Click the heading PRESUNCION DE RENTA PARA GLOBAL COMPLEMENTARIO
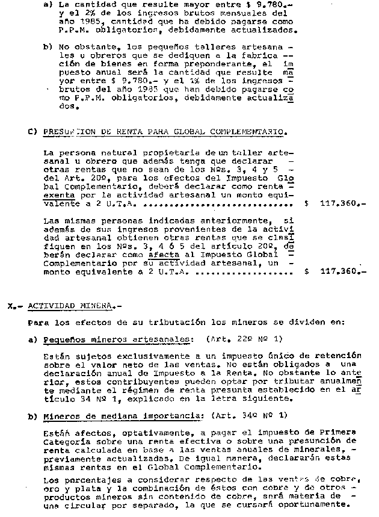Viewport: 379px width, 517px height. [x=165, y=132]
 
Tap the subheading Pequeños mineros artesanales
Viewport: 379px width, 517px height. [x=118, y=339]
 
